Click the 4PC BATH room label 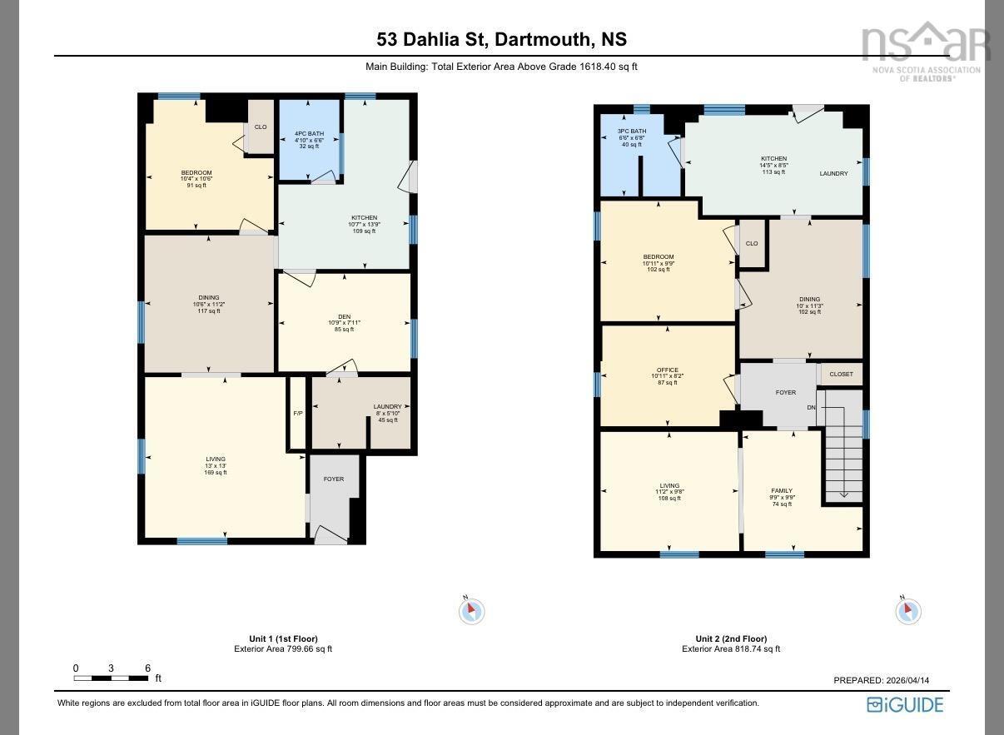point(309,133)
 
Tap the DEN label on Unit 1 point(344,316)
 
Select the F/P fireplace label point(298,414)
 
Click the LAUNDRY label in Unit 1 point(387,407)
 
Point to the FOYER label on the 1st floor point(333,479)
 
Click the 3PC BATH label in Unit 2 point(632,132)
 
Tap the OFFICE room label point(667,370)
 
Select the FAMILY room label point(781,491)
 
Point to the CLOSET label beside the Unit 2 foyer point(841,375)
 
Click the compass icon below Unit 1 point(471,611)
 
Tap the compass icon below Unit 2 point(907,611)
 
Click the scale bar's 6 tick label point(147,668)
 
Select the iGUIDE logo point(905,705)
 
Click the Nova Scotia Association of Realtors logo point(925,50)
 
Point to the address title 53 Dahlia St point(501,39)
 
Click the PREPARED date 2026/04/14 point(881,680)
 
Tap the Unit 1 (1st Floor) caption point(282,638)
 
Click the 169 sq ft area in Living point(216,472)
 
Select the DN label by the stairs point(811,407)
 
